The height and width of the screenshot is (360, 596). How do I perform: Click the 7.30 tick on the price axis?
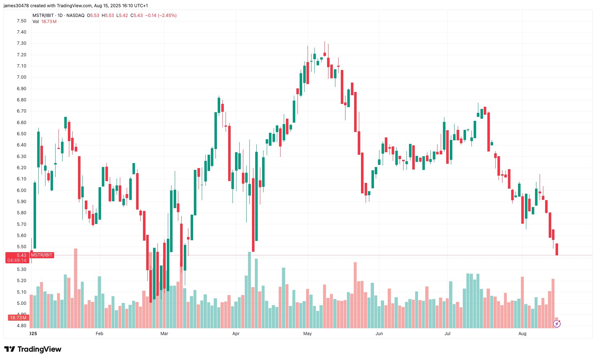pos(21,43)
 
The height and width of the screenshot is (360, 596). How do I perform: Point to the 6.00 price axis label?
pos(21,190)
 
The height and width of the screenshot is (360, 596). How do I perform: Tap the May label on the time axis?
pos(308,334)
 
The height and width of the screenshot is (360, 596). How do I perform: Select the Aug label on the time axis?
pos(522,334)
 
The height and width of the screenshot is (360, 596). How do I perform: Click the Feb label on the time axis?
pos(99,334)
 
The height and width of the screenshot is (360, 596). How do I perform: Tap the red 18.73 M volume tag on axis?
pos(18,318)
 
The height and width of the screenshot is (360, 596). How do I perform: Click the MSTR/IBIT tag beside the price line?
pos(42,255)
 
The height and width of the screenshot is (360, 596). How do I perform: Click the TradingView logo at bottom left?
pos(33,349)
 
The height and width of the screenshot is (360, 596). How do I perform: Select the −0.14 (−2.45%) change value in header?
pos(161,16)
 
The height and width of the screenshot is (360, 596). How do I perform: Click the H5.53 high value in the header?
pos(108,16)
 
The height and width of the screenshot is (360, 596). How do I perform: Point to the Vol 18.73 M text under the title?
pos(44,22)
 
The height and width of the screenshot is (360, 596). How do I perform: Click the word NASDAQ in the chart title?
pos(75,16)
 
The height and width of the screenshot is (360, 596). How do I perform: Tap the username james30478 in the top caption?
pos(16,6)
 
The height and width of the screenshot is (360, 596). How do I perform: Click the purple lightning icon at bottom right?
pos(557,324)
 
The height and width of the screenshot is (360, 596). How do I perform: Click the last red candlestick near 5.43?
pos(557,249)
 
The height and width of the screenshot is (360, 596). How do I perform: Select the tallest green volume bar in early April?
pos(249,289)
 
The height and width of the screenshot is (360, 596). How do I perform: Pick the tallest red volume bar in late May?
pos(355,294)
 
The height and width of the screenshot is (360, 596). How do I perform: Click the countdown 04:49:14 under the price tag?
pos(17,260)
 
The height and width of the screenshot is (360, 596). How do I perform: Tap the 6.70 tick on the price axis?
pos(21,111)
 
